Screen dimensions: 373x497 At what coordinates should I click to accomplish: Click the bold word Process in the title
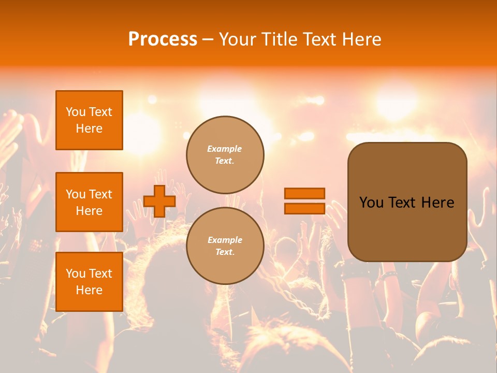[163, 39]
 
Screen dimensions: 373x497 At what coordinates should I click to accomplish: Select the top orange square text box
[89, 120]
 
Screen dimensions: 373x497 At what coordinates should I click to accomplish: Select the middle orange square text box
[89, 202]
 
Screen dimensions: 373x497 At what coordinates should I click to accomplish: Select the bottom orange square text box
[89, 282]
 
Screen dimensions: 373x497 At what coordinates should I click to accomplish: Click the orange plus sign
[159, 201]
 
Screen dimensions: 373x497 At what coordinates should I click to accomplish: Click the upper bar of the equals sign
[304, 193]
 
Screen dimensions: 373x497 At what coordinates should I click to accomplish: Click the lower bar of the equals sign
[304, 208]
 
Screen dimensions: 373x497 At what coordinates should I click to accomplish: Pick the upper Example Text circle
[225, 154]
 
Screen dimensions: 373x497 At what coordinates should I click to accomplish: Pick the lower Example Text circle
[225, 246]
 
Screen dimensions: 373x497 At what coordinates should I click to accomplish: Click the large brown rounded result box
[407, 202]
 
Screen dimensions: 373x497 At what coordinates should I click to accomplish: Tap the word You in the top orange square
[76, 112]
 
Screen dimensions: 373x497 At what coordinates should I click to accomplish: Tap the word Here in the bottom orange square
[89, 290]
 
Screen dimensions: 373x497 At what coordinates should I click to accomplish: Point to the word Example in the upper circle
[225, 149]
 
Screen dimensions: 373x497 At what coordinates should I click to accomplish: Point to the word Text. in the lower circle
[225, 252]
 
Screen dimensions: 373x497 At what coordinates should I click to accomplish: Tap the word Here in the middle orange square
[89, 211]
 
